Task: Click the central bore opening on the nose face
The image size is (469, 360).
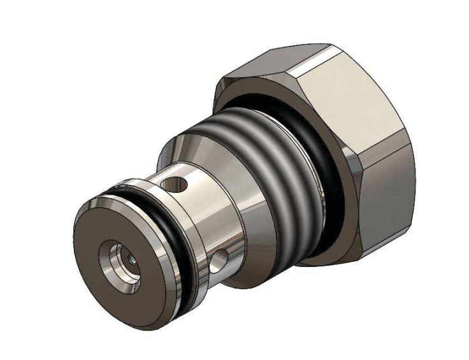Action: coord(121,257)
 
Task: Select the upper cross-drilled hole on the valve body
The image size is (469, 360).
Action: coord(174,185)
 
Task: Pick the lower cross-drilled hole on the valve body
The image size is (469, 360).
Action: coord(220,260)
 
